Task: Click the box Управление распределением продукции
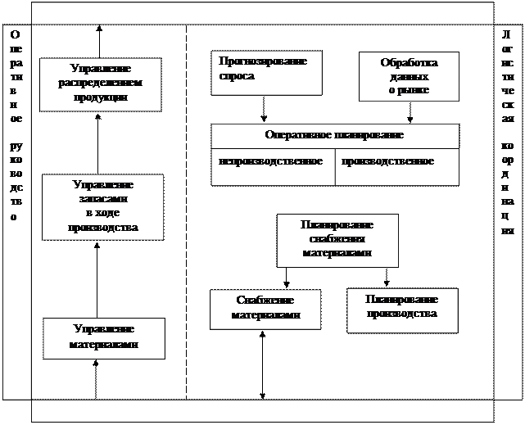(x=100, y=84)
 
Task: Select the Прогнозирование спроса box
(x=265, y=72)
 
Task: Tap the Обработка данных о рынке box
(x=409, y=76)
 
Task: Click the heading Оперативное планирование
(x=334, y=135)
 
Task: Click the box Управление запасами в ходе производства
(x=102, y=206)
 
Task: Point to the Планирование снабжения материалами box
(x=337, y=240)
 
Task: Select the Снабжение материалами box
(x=264, y=309)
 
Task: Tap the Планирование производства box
(x=401, y=309)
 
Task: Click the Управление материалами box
(x=103, y=337)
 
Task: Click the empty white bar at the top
(x=262, y=12)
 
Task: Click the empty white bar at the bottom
(x=262, y=410)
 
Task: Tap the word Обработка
(x=409, y=63)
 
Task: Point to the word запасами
(x=103, y=199)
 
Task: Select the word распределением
(x=100, y=84)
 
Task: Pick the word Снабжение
(x=265, y=301)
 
